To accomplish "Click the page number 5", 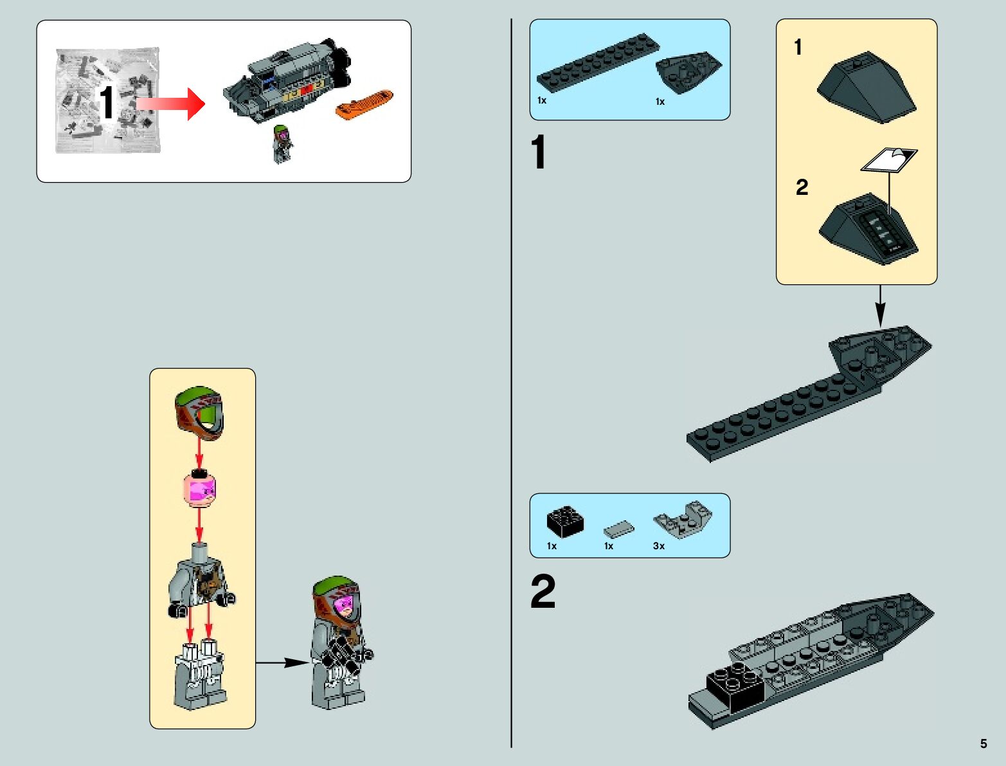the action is [x=984, y=744].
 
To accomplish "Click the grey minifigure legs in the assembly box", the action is [x=201, y=675].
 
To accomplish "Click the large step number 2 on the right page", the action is [x=543, y=592].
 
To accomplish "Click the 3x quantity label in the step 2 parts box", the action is [x=659, y=546].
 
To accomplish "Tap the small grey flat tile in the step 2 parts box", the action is [x=618, y=529].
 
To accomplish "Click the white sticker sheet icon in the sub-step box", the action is [x=889, y=160].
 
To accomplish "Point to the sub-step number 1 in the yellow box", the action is [x=798, y=47].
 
